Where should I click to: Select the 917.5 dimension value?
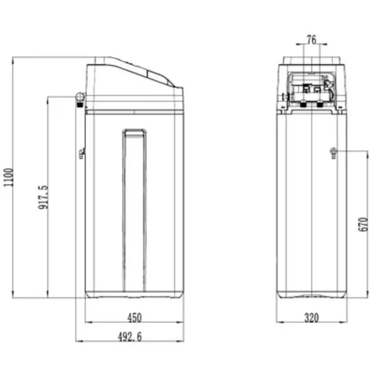tap(43, 197)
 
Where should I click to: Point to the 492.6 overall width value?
tap(130, 343)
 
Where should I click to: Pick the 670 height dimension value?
tap(363, 224)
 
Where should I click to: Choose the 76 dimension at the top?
tap(312, 40)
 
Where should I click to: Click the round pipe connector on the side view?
tap(80, 97)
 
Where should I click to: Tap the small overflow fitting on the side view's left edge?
tap(82, 153)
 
